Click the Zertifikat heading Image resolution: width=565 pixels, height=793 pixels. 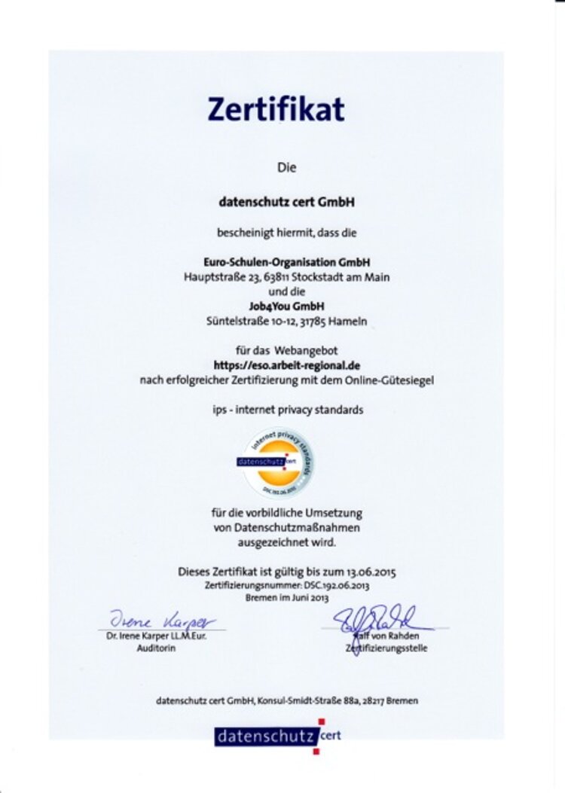(276, 109)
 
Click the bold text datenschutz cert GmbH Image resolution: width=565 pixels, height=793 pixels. (286, 202)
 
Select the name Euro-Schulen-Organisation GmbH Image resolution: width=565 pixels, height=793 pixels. (286, 263)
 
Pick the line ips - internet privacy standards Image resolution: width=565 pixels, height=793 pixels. (286, 410)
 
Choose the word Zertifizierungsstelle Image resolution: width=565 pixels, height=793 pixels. (386, 648)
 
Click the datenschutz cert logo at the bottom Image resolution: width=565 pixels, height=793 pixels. (277, 735)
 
